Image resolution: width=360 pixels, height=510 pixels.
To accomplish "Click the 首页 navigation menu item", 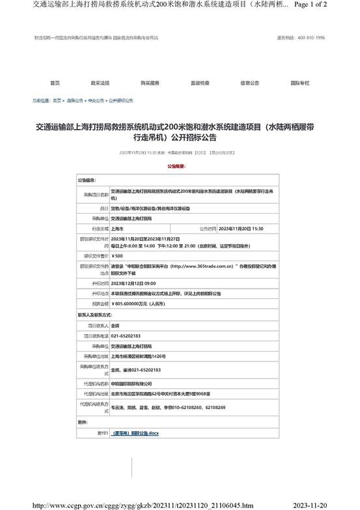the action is [x=55, y=83].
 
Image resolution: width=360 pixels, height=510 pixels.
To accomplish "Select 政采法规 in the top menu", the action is [x=100, y=83].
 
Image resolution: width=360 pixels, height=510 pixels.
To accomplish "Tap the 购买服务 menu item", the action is [x=150, y=83].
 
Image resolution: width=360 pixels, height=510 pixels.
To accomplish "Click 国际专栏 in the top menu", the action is [x=299, y=83].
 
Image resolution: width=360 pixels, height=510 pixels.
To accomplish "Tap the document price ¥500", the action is [x=118, y=257].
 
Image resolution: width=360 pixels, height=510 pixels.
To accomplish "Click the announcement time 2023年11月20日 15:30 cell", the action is [x=241, y=229].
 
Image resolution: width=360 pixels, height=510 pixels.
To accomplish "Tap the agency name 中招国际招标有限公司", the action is [x=131, y=384].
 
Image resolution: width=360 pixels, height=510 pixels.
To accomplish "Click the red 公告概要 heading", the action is [x=179, y=167].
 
